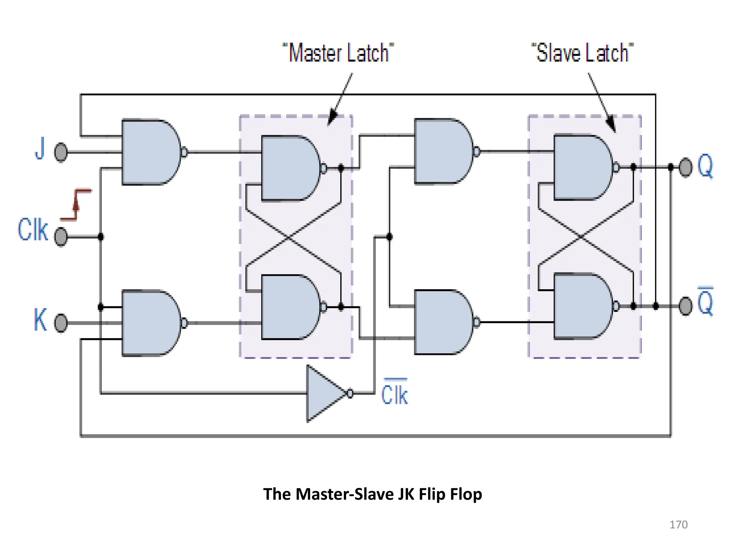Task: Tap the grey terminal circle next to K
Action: pyautogui.click(x=61, y=323)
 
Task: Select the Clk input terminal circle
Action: pyautogui.click(x=61, y=237)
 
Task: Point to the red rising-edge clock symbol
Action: pyautogui.click(x=76, y=204)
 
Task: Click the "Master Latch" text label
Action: pyautogui.click(x=338, y=53)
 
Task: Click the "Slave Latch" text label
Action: pyautogui.click(x=582, y=53)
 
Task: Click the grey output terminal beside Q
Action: pyautogui.click(x=685, y=167)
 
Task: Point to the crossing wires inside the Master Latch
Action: pyautogui.click(x=289, y=237)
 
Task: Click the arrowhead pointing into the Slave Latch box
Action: pyautogui.click(x=612, y=125)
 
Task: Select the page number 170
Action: pyautogui.click(x=678, y=525)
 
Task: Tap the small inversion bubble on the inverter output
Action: pyautogui.click(x=350, y=394)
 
